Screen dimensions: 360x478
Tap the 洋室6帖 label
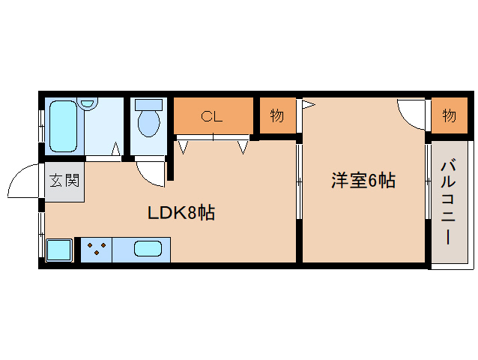point(363,181)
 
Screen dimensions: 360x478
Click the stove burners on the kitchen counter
point(95,249)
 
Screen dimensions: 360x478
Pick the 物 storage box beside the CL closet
point(277,116)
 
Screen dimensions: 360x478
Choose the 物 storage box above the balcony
point(449,115)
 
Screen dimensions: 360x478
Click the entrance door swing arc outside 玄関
point(22,182)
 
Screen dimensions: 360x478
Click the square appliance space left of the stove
point(59,250)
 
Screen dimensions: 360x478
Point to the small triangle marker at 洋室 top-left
point(308,104)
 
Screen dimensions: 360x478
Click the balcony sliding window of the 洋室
point(428,180)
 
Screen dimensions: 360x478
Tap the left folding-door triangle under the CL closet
point(184,146)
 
